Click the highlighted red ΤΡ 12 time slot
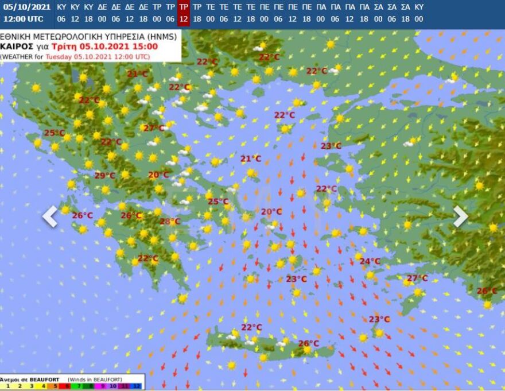[183, 13]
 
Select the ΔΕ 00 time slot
[102, 13]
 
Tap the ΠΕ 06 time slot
[278, 13]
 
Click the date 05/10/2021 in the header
[23, 7]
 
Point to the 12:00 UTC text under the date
[23, 19]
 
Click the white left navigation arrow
[50, 216]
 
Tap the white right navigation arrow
[461, 216]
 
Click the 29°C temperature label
[104, 176]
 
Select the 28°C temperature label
[170, 222]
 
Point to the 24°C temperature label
[370, 261]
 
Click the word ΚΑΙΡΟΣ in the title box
[16, 47]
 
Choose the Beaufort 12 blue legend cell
[137, 386]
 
